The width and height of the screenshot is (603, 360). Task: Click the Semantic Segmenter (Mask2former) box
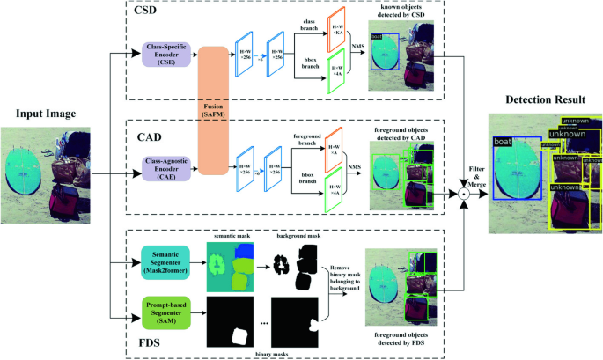(164, 261)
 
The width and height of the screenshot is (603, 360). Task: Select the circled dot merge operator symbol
(461, 191)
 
